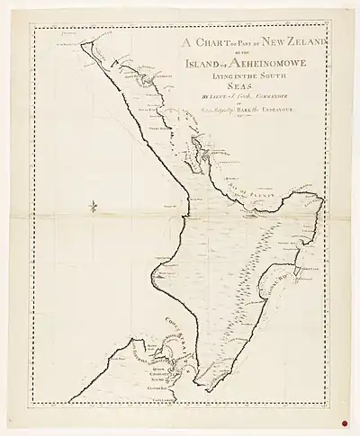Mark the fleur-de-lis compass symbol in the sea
click(94, 209)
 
